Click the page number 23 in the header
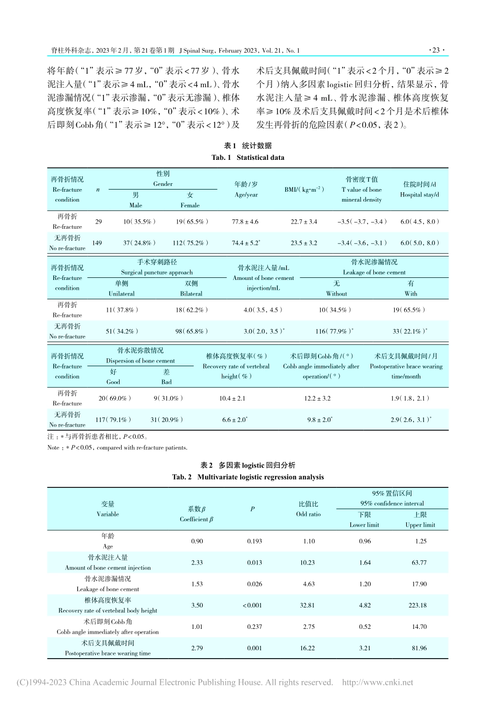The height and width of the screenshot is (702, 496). click(x=435, y=51)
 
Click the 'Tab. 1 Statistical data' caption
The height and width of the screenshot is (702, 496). click(x=248, y=157)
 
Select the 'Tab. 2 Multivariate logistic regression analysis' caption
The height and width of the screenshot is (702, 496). click(x=248, y=477)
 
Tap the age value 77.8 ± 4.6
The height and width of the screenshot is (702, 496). click(x=245, y=221)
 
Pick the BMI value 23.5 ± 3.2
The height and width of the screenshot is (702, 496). click(x=304, y=243)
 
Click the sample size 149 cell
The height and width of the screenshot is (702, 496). click(x=97, y=243)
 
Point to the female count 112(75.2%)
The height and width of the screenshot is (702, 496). click(x=190, y=243)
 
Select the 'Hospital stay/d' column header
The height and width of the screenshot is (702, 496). click(x=419, y=194)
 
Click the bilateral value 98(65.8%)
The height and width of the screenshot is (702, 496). click(x=191, y=331)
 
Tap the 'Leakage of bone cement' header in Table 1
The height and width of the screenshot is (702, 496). click(x=374, y=272)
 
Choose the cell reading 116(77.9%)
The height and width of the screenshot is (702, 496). click(x=336, y=331)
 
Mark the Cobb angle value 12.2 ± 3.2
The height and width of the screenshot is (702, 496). click(x=317, y=399)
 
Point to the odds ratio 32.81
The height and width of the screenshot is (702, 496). click(x=309, y=605)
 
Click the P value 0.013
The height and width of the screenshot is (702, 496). click(x=254, y=563)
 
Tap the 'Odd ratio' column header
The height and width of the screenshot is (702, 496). click(x=308, y=514)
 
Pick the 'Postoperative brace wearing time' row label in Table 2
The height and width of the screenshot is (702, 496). click(x=108, y=653)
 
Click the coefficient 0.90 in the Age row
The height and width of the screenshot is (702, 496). click(x=197, y=541)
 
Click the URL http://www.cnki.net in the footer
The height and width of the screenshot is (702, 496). click(x=377, y=682)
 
